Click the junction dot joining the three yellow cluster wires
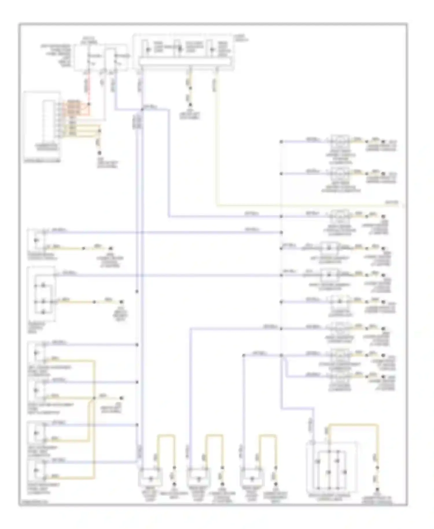(x=100, y=131)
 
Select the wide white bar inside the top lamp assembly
(x=185, y=62)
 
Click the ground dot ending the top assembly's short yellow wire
(x=190, y=105)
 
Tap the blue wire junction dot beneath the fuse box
(x=142, y=110)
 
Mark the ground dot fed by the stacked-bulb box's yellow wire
(x=122, y=302)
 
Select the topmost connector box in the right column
(x=340, y=142)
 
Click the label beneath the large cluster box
(x=42, y=161)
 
